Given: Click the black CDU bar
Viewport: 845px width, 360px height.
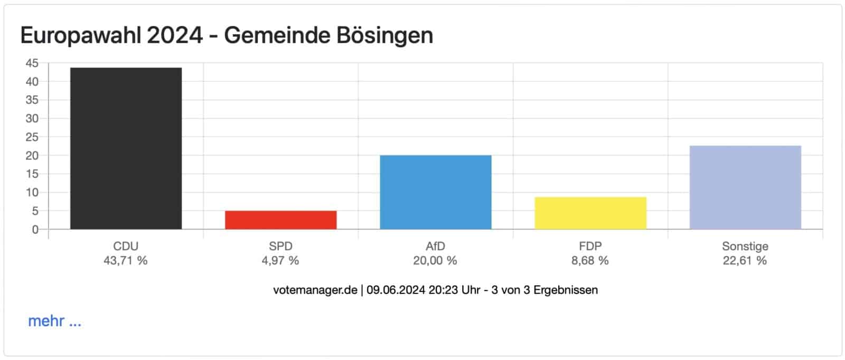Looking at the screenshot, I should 126,148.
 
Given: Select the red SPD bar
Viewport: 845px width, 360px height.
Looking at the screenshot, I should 280,220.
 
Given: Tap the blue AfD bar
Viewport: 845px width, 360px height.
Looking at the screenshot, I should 435,192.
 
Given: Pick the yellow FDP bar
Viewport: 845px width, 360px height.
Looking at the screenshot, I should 590,213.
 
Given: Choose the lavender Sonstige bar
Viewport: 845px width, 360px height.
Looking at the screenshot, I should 745,187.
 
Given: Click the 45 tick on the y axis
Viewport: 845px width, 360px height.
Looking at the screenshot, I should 32,63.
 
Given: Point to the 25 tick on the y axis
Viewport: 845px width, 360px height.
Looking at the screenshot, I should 32,137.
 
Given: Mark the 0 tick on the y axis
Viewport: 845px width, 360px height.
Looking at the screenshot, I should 35,230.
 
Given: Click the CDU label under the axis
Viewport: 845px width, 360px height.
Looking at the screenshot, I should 126,247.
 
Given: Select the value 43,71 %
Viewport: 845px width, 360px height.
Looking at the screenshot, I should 126,261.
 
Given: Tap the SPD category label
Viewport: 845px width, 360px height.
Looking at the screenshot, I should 280,247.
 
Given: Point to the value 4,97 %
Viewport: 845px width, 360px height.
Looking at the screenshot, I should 280,261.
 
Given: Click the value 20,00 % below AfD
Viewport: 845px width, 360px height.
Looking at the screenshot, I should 435,261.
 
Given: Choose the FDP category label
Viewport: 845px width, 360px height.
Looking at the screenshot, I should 590,247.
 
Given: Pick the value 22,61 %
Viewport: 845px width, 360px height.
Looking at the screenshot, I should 745,261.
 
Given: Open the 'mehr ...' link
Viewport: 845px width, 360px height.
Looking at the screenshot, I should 54,321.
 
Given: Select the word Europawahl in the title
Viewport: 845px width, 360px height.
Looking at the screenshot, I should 80,36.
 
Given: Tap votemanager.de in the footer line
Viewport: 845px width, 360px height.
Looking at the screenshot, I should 315,290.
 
